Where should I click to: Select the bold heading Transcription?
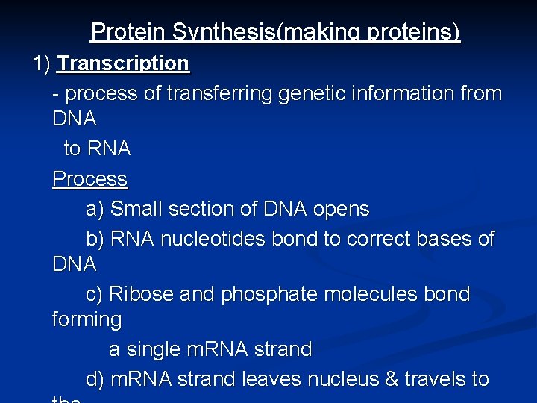(124, 63)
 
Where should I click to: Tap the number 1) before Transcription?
(41, 63)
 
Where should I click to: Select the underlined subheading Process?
(89, 179)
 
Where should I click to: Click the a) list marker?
(95, 210)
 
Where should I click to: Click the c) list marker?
(95, 295)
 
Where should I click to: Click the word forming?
(87, 320)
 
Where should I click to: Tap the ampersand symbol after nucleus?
(392, 380)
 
